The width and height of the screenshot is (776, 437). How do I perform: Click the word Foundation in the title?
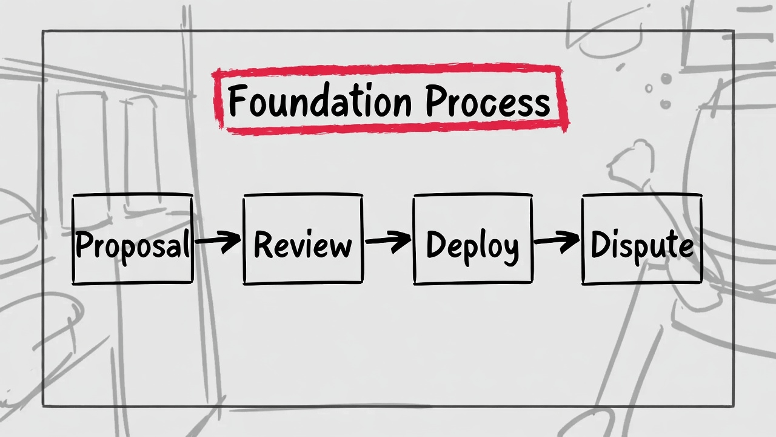pos(323,101)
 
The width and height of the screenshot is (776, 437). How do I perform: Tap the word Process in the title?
pos(487,101)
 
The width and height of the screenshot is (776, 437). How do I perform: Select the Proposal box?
pos(132,239)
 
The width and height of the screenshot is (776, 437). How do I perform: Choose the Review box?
pos(303,239)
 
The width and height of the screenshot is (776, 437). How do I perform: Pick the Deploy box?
pos(473,239)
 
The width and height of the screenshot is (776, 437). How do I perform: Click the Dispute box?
pos(641,239)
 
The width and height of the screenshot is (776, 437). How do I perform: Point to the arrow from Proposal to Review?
pos(218,242)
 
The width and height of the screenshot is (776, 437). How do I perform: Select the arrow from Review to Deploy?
pos(388,242)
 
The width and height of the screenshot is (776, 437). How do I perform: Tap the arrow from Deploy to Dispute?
pos(557,242)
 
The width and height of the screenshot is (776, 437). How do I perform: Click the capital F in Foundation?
pos(238,101)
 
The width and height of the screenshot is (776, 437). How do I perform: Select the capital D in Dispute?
pos(600,244)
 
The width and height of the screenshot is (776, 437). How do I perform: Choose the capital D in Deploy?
pos(436,244)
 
